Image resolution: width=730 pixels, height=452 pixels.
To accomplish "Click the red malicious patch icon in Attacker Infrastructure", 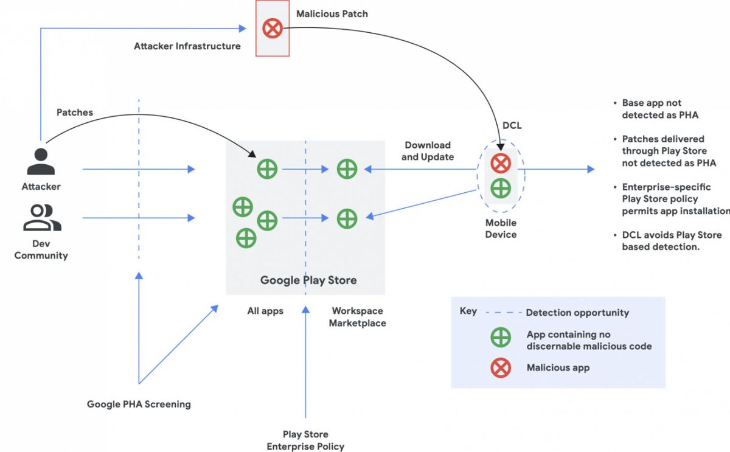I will pyautogui.click(x=272, y=29).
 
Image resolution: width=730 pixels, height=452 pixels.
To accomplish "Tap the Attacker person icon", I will pyautogui.click(x=41, y=162).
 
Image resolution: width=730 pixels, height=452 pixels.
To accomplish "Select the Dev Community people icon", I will pyautogui.click(x=41, y=218).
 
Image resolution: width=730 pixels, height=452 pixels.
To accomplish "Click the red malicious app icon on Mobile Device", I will pyautogui.click(x=500, y=163).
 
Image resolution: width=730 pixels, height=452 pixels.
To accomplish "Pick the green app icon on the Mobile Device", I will pyautogui.click(x=500, y=188).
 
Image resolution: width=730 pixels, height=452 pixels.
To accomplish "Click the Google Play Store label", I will pyautogui.click(x=308, y=280).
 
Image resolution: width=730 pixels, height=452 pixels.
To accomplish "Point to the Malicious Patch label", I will pyautogui.click(x=332, y=13).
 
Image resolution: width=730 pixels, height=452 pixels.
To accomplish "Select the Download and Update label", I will pyautogui.click(x=428, y=151).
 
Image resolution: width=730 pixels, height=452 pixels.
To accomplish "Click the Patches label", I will pyautogui.click(x=75, y=113).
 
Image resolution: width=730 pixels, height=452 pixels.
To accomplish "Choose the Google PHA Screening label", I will pyautogui.click(x=139, y=404).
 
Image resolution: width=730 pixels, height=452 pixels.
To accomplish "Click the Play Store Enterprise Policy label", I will pyautogui.click(x=305, y=440).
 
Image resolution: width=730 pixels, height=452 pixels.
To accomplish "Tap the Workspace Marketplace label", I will pyautogui.click(x=358, y=317).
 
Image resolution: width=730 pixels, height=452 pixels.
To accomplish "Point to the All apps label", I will pyautogui.click(x=265, y=311).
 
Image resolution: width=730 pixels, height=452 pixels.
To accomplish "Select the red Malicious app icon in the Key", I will pyautogui.click(x=501, y=367).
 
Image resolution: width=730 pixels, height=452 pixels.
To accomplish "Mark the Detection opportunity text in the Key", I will pyautogui.click(x=577, y=313).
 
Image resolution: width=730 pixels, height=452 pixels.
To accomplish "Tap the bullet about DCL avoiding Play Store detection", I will pyautogui.click(x=671, y=241).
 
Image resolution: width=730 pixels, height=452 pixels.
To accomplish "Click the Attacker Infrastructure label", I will pyautogui.click(x=187, y=46).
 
